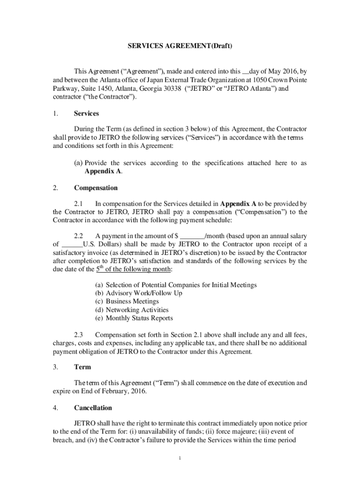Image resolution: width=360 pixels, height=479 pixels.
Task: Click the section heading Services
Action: [x=86, y=113]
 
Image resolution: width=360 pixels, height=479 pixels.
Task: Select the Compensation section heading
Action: [x=96, y=188]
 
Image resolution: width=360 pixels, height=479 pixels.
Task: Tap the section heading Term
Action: [x=82, y=367]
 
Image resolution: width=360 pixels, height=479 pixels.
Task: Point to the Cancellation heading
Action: [x=93, y=408]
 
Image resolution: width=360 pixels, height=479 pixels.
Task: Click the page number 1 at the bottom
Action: [x=180, y=457]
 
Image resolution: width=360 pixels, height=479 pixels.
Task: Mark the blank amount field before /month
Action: [x=192, y=236]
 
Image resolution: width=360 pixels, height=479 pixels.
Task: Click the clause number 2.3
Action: [x=79, y=335]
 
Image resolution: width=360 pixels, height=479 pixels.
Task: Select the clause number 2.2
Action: [x=79, y=236]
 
